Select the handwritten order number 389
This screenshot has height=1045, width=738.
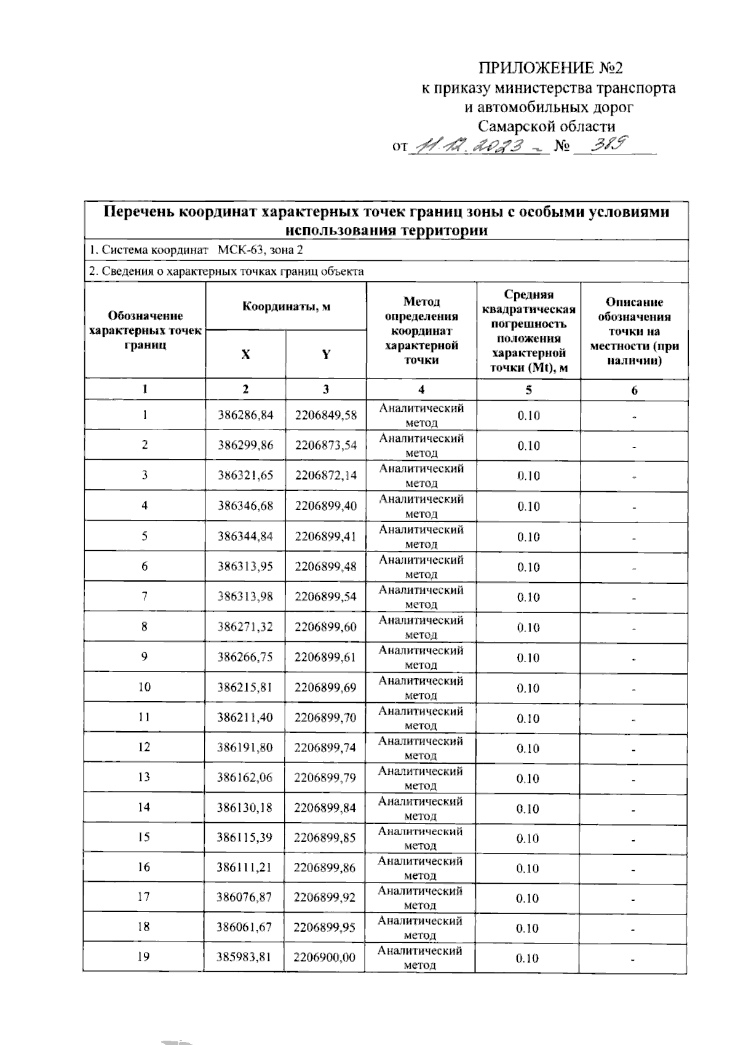pos(608,145)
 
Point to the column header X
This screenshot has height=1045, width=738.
pos(245,354)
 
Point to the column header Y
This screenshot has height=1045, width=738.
pos(326,354)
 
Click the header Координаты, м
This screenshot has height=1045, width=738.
pos(286,306)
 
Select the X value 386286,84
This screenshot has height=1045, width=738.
pos(245,415)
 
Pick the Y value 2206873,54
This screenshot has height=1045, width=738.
pos(326,445)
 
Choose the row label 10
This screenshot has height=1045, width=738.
pos(145,687)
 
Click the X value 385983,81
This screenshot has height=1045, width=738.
pos(244,957)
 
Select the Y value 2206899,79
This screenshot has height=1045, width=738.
pos(325,777)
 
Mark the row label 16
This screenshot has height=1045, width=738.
pos(144,867)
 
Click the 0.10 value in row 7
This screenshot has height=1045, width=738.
pos(528,597)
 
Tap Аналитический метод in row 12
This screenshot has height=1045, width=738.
pos(421,748)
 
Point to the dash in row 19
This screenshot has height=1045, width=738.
pos(633,959)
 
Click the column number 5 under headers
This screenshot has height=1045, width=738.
pos(528,390)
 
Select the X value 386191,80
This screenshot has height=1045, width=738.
pos(245,747)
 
